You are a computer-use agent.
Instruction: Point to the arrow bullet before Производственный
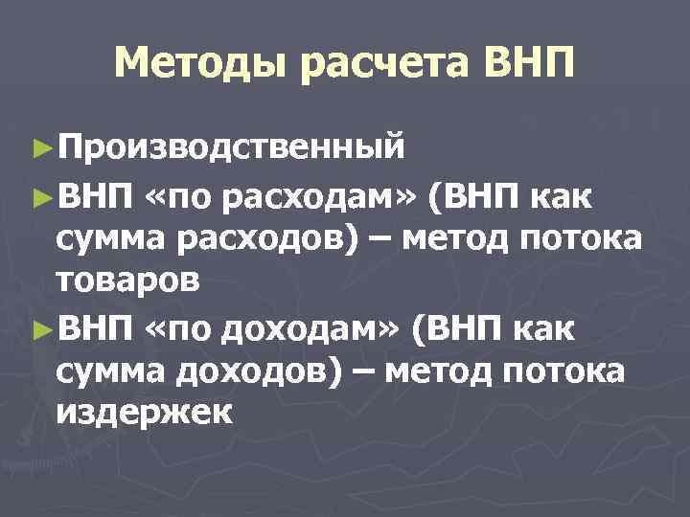(x=40, y=147)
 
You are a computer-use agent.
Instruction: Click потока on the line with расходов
(x=586, y=239)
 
